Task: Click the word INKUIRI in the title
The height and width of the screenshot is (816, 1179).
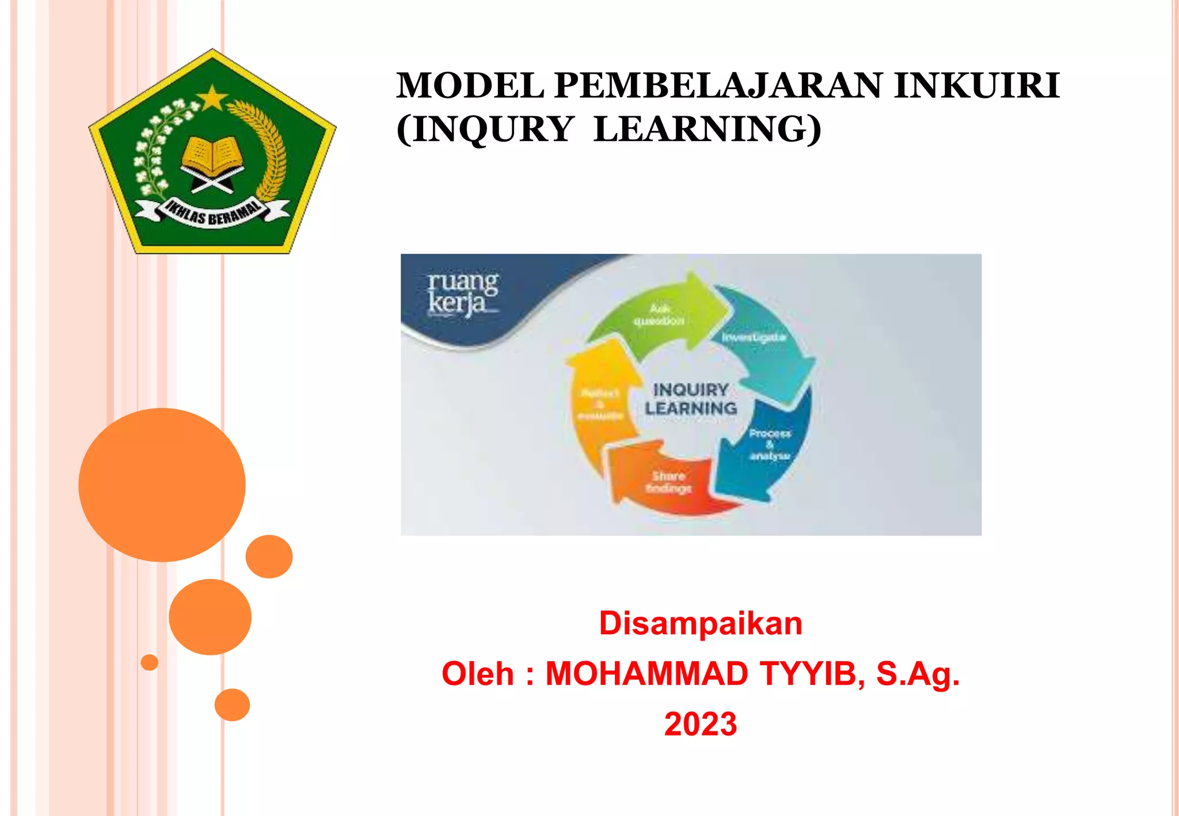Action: coord(976,86)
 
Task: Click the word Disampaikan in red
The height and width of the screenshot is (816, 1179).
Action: coord(700,623)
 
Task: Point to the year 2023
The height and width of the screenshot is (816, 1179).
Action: coord(700,724)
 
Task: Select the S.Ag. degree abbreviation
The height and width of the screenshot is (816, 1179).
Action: coord(918,673)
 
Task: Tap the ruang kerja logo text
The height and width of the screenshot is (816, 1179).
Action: coord(462,293)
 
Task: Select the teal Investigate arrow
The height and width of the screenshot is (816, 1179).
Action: coord(760,340)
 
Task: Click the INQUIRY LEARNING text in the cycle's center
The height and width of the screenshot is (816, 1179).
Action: coord(690,399)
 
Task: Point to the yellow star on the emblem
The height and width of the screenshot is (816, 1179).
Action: coord(213,98)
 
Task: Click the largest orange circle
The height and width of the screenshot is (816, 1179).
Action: coord(162,485)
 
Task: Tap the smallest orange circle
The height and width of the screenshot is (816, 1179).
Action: coord(149,662)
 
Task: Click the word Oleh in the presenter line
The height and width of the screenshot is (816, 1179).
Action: coord(477,673)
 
